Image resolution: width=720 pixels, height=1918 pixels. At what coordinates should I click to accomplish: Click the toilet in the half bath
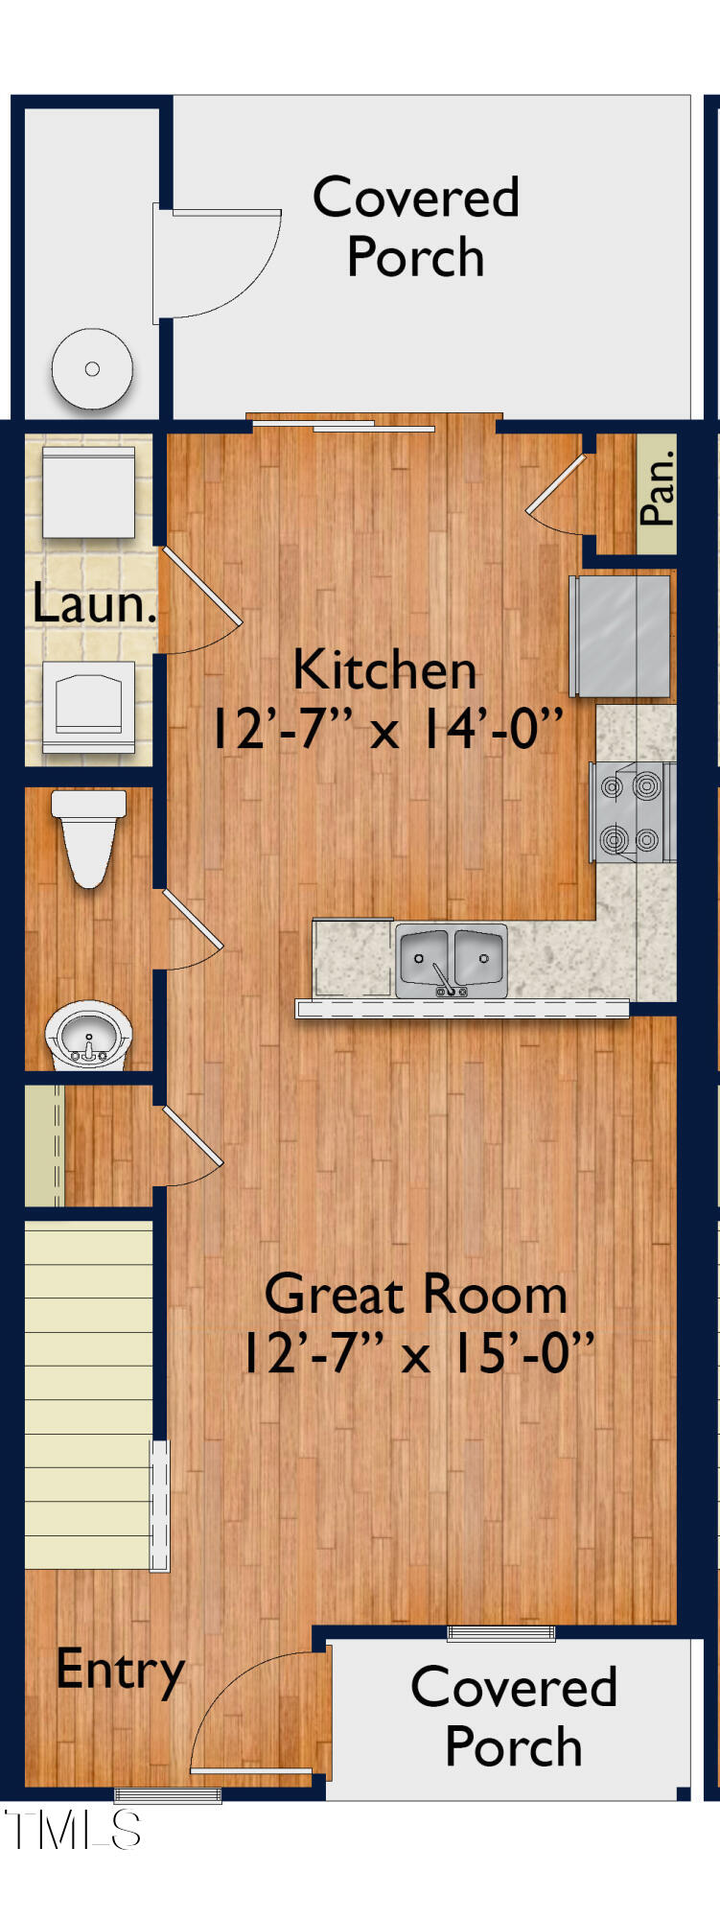pos(88,836)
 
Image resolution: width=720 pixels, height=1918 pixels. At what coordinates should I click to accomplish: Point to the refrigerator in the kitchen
pos(622,636)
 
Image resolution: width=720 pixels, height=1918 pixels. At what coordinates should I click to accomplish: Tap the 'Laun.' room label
pos(93,604)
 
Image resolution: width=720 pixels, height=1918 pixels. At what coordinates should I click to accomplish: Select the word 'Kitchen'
pos(384,668)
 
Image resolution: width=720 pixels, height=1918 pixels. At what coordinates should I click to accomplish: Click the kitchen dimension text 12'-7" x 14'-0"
pos(384,729)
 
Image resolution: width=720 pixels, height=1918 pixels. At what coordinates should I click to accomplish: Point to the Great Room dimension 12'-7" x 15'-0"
pos(416,1354)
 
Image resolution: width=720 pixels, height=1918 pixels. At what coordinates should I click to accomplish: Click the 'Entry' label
pos(120,1670)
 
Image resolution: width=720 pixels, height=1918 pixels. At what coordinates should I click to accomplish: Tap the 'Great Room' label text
pos(416,1295)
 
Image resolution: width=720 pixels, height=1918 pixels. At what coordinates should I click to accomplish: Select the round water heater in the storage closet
pos(92,369)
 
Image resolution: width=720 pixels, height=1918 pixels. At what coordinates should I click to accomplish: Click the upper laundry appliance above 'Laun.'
pos(88,491)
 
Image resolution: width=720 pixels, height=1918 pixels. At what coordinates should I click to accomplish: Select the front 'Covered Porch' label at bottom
pos(514,1717)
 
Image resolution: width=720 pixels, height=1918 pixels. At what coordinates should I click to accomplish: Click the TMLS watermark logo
pos(73,1830)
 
